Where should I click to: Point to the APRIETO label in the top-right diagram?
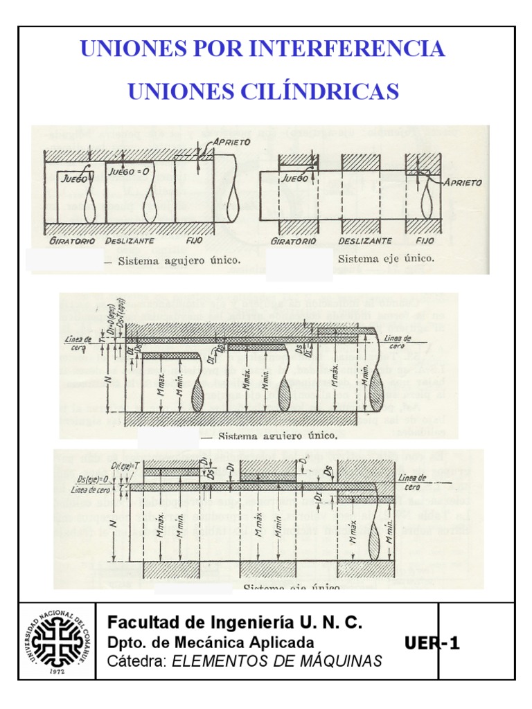[x=459, y=182]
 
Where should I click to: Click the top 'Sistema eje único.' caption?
[x=387, y=259]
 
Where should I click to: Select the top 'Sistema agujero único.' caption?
[x=179, y=261]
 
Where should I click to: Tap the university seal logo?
[x=59, y=640]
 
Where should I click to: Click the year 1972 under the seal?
[x=58, y=671]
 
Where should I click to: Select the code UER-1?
[x=432, y=645]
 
